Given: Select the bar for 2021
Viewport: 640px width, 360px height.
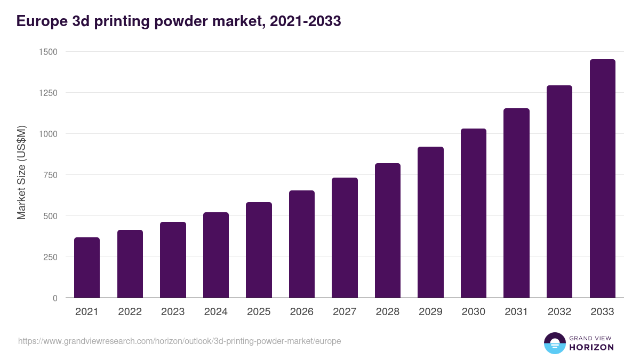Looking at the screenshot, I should [x=87, y=268].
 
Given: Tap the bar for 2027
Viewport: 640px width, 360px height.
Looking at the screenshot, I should [x=345, y=238].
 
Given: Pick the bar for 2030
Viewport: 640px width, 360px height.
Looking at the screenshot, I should [x=474, y=213].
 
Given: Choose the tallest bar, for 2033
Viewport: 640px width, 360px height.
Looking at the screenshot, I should [x=602, y=179].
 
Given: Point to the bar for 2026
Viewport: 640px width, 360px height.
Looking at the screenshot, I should [x=302, y=244].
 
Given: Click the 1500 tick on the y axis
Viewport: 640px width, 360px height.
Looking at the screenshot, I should [x=48, y=52].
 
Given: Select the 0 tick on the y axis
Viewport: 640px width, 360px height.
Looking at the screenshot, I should [x=54, y=298].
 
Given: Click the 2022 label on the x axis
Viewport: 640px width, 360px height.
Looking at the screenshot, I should [x=130, y=312].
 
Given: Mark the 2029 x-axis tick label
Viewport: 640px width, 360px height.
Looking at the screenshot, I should [x=430, y=312].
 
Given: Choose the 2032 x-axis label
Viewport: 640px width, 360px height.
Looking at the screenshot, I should [x=559, y=312].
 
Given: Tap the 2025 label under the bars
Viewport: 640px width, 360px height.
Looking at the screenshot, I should [x=259, y=312].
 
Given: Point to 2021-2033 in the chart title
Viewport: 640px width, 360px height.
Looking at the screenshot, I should [x=306, y=21].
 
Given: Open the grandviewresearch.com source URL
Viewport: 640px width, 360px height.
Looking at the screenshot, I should [x=179, y=341].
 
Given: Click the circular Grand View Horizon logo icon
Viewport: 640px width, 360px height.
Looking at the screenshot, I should [x=554, y=343].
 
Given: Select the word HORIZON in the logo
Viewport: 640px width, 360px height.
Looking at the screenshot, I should [x=591, y=347].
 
